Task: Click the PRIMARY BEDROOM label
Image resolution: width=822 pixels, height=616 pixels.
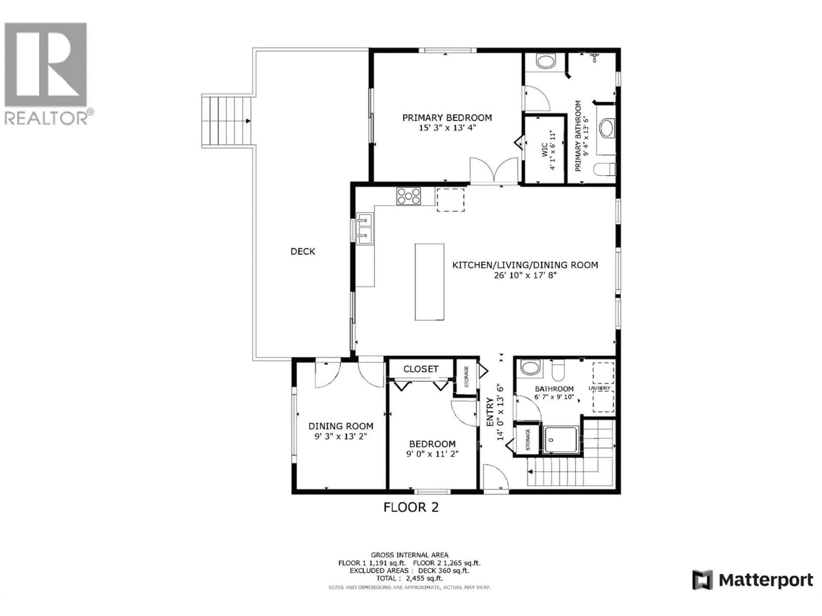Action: point(447,118)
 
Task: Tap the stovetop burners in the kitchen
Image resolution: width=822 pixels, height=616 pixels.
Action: point(408,196)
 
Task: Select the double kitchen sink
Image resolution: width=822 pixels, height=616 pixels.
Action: point(365,228)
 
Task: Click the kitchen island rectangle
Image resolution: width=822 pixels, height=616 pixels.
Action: point(429,282)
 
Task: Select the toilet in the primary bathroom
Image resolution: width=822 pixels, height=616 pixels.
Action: point(605,170)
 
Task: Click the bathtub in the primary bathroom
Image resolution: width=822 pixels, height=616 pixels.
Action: point(607,129)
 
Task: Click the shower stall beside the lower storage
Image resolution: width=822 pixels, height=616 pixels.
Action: point(560,440)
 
